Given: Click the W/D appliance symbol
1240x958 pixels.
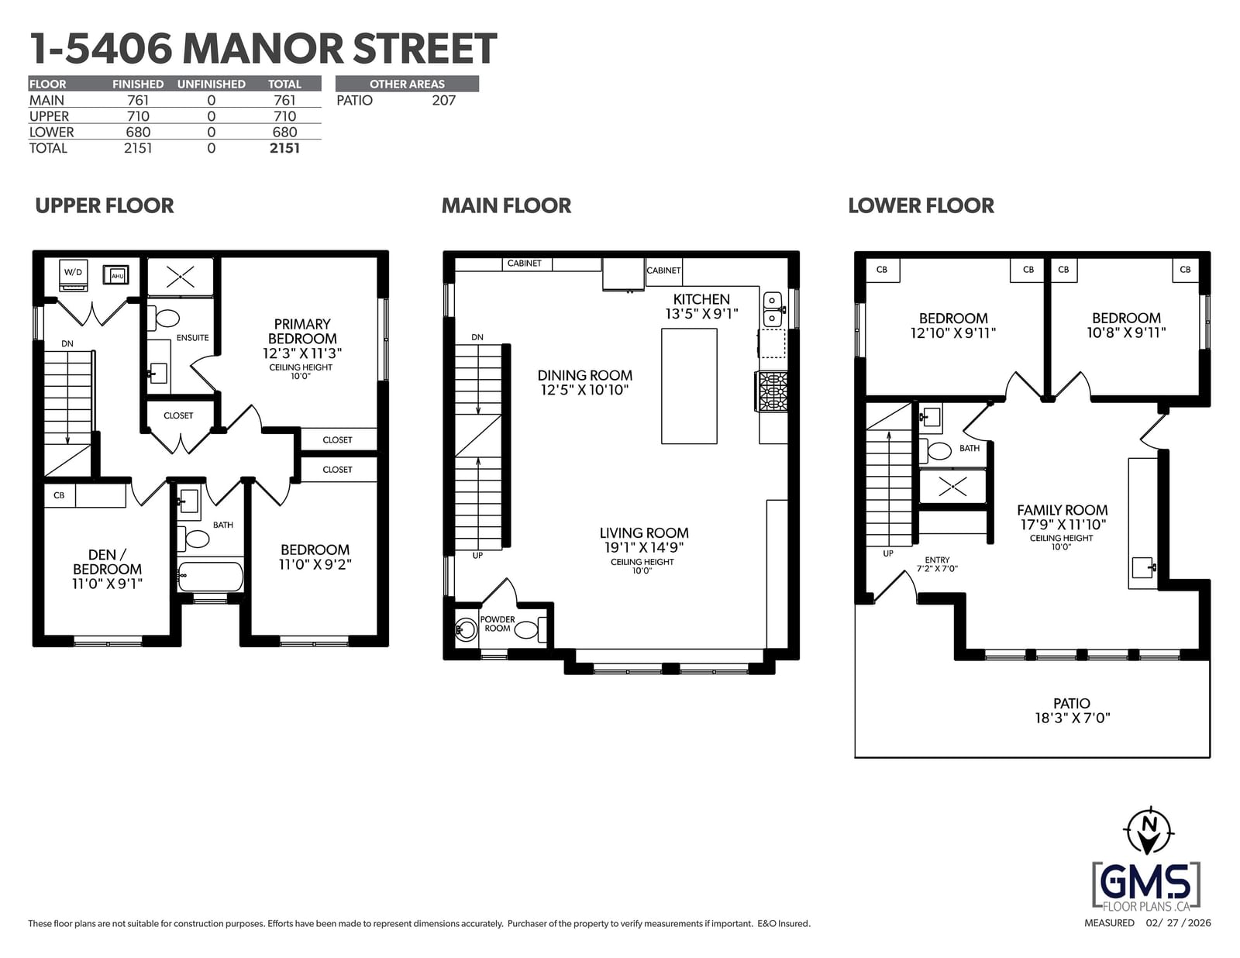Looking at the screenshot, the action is tap(73, 275).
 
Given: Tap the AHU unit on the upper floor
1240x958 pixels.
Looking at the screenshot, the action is tap(115, 276).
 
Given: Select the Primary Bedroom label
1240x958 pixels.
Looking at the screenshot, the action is tap(302, 331).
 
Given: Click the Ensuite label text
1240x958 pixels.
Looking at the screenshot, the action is tap(192, 338).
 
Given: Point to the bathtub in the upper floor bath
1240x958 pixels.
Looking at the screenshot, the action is tap(210, 577).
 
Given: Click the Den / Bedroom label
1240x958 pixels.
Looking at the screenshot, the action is tap(107, 561).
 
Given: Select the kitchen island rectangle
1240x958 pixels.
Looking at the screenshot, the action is tap(689, 386).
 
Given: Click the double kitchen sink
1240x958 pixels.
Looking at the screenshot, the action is tap(773, 308).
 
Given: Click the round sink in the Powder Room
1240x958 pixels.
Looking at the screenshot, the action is tap(467, 630).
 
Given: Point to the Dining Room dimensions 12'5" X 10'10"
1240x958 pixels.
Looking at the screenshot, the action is tap(584, 391).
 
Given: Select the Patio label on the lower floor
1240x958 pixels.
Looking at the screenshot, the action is tap(1072, 704).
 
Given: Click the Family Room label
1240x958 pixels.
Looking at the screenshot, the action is tap(1062, 510).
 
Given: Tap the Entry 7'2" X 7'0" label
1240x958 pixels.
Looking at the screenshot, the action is tap(937, 564).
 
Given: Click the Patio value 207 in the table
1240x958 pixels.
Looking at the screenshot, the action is tap(443, 101).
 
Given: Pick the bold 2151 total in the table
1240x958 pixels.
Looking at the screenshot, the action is tap(284, 148).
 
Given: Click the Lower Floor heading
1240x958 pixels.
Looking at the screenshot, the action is tap(921, 205).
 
